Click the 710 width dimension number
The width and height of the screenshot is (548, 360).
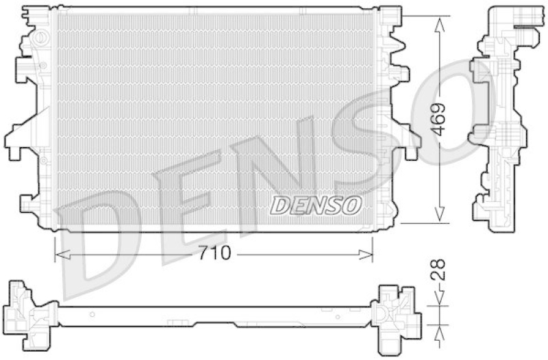coord(215,253)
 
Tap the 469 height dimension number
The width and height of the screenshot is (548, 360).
coord(438,119)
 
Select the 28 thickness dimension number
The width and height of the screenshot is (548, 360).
coord(438,270)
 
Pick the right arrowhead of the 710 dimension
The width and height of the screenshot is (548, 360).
coord(366,255)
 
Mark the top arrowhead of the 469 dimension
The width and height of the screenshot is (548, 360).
coord(439,25)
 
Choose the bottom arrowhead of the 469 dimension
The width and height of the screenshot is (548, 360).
coord(439,214)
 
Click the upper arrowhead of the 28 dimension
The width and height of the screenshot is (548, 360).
coord(439,298)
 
